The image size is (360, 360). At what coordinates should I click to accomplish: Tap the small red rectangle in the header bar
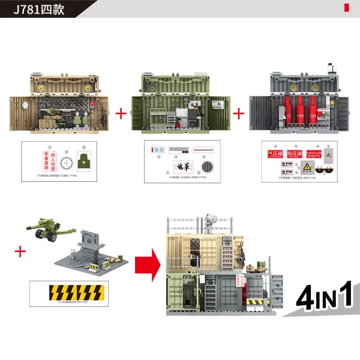(x=346, y=8)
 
